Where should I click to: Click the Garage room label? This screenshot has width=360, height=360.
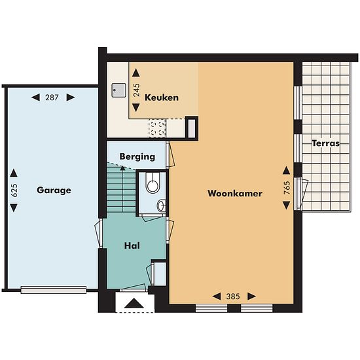pos(54,190)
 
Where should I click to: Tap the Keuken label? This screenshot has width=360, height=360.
pos(162,98)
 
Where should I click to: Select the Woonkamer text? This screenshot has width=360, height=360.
pos(235,193)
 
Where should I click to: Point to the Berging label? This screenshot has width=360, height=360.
pos(137,157)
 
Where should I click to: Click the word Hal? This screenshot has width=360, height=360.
pos(132,245)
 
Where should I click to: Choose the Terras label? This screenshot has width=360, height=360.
pos(325,143)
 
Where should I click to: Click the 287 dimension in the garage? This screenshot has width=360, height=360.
pos(52,98)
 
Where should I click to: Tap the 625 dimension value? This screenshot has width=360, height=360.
pos(14,190)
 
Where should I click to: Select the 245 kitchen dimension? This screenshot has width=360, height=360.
pos(136,90)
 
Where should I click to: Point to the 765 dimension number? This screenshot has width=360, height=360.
pos(287,188)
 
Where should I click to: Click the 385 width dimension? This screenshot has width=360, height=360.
pos(233,297)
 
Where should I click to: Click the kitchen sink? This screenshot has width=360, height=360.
pos(118,90)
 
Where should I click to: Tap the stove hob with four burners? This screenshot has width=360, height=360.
pos(157,128)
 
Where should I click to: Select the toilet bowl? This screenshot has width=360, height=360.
pos(153,183)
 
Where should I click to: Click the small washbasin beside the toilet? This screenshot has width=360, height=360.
pos(162,206)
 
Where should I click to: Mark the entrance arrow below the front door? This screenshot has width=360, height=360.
pos(134,303)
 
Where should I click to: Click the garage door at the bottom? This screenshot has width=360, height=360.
pos(54,290)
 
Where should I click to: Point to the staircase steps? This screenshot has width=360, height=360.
pos(121,190)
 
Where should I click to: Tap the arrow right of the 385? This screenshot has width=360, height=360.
pos(252,297)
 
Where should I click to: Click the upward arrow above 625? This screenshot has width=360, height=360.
pos(14,173)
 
